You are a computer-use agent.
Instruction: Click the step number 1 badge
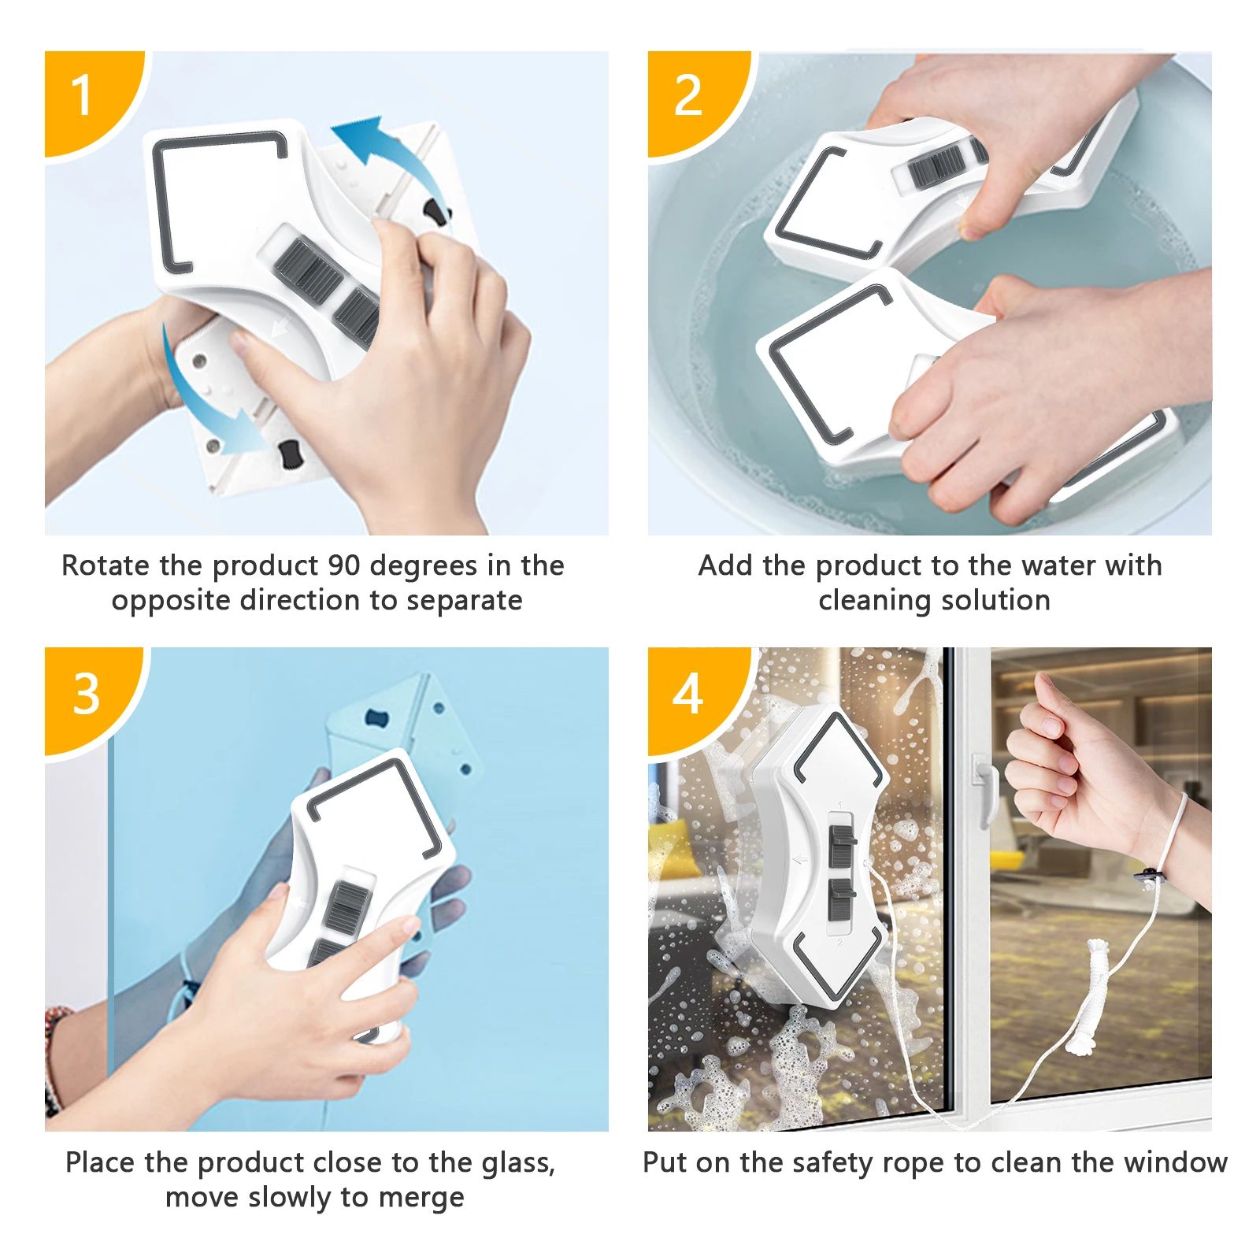point(87,98)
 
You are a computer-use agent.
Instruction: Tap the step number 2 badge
point(693,98)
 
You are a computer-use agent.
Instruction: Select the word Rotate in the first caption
point(106,565)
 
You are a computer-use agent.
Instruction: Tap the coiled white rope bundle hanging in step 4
point(1091,996)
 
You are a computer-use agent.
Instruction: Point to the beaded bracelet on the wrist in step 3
point(52,1059)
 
